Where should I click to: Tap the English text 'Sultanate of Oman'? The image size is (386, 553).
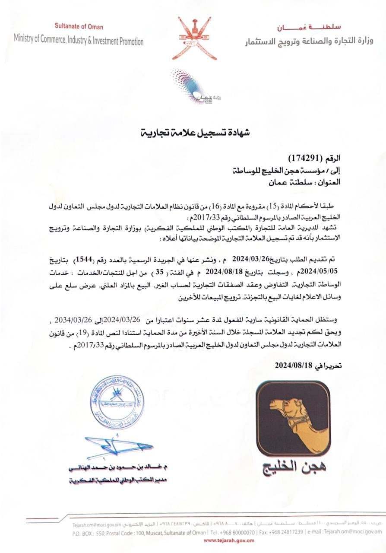(79, 27)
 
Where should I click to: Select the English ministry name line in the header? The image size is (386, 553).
(79, 40)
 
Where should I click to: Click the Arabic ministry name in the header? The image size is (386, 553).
(309, 41)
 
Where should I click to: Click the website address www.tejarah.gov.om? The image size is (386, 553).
(229, 540)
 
